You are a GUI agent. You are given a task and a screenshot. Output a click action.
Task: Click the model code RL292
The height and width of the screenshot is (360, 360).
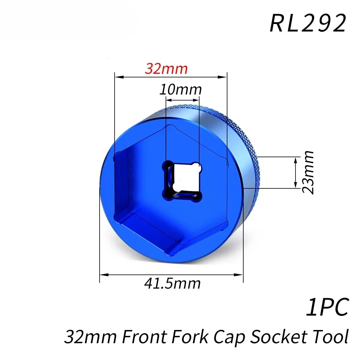point(308,23)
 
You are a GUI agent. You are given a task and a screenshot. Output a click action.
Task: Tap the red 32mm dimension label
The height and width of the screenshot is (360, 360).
point(166,69)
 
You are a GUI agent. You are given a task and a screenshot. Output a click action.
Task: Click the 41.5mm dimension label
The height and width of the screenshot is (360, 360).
point(172,283)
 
